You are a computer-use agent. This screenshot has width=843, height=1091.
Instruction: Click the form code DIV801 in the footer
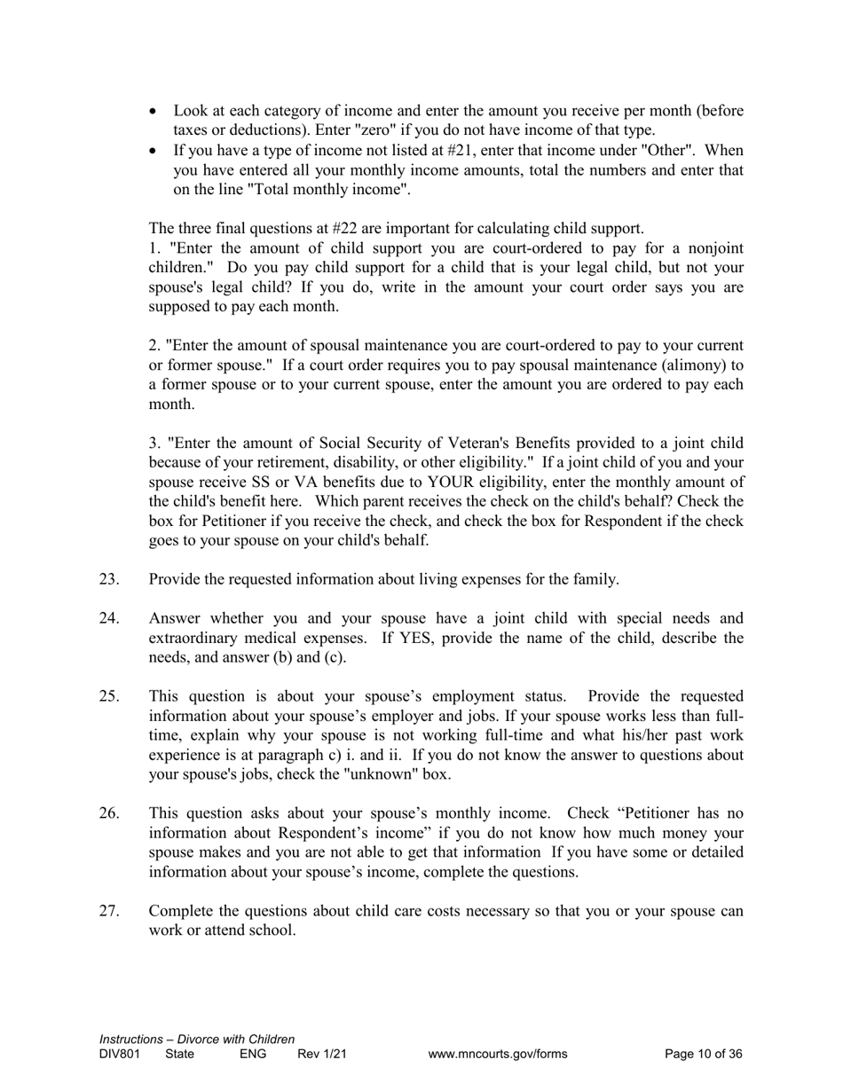[120, 1055]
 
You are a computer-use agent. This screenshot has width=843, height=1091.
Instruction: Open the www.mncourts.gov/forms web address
[497, 1055]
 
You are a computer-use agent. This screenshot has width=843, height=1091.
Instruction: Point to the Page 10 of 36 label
[703, 1055]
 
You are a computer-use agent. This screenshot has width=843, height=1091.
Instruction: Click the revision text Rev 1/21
[321, 1055]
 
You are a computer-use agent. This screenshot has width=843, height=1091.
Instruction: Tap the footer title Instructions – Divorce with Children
[197, 1039]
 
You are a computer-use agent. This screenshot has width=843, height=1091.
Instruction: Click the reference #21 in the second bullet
[462, 150]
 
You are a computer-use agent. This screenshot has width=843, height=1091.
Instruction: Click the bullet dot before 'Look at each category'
[155, 111]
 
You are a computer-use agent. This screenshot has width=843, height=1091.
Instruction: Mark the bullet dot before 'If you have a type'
[155, 150]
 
